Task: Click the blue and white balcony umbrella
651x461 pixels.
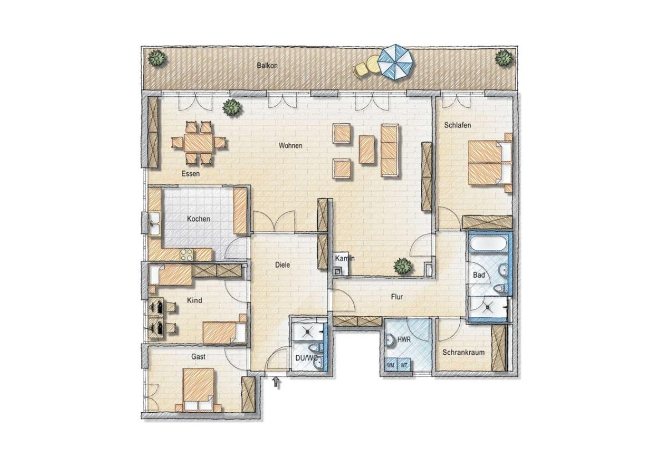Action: [x=396, y=62]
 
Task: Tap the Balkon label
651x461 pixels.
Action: [x=267, y=66]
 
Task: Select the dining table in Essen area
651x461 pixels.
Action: [x=198, y=143]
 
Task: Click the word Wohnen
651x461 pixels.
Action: [x=290, y=146]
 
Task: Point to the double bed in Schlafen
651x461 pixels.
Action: [x=490, y=163]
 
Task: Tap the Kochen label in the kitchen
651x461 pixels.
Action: [x=199, y=219]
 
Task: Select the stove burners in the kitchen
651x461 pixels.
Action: [x=186, y=255]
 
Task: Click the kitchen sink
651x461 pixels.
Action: [x=155, y=223]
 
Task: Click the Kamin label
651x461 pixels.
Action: [x=344, y=258]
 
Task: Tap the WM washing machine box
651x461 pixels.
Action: [x=391, y=365]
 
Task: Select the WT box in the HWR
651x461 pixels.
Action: [x=404, y=365]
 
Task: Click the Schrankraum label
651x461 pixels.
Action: [x=464, y=352]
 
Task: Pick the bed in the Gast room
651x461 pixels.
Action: [x=199, y=389]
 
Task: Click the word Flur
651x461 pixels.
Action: [x=396, y=297]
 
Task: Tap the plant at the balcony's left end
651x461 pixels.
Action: [x=156, y=58]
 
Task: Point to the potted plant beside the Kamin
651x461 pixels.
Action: [x=403, y=266]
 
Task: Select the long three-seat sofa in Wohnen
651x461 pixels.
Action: [x=389, y=150]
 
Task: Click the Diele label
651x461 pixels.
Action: [x=282, y=265]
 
